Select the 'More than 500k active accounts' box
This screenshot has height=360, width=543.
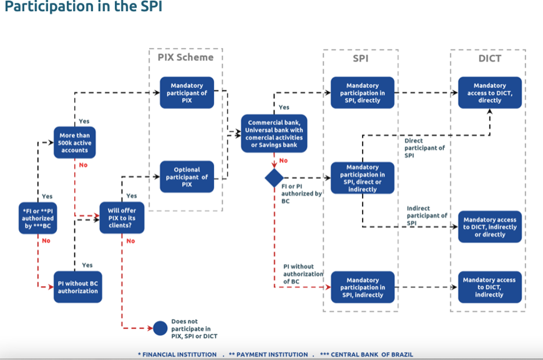pos(75,143)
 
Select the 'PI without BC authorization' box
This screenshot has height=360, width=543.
pos(78,287)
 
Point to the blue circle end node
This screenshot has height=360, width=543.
pos(160,328)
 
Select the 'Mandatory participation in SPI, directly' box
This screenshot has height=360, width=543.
pos(363,92)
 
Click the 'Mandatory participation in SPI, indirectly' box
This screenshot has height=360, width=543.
pos(363,287)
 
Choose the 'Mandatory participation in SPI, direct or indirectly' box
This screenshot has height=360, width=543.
pos(363,178)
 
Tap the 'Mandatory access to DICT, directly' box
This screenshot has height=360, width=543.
pos(490,92)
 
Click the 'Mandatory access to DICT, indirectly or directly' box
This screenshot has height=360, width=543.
pos(490,227)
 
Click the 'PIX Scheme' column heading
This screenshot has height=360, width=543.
pos(186,57)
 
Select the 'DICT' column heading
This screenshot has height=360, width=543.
pos(490,58)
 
